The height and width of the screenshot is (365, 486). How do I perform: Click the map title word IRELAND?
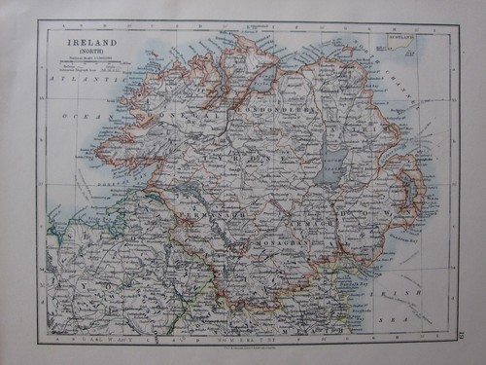point(90,44)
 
